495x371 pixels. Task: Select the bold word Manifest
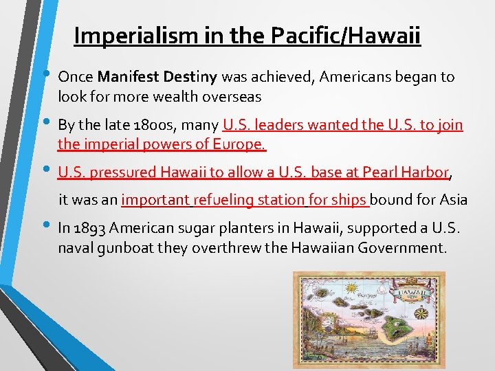pyautogui.click(x=123, y=77)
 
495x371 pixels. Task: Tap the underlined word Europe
pyautogui.click(x=241, y=144)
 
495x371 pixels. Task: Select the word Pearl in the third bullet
pyautogui.click(x=382, y=172)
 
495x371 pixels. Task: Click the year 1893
pyautogui.click(x=91, y=228)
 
